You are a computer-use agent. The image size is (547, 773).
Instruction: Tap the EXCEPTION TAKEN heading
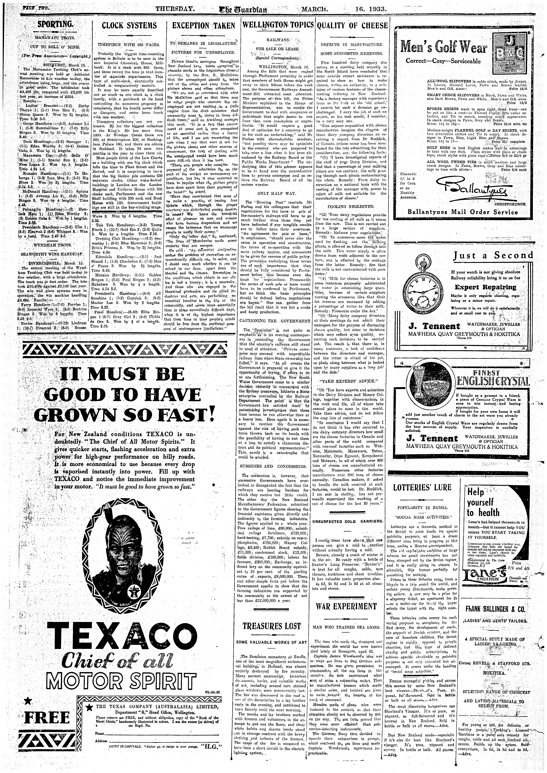pyautogui.click(x=203, y=26)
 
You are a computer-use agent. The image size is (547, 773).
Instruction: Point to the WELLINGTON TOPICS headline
pyautogui.click(x=278, y=26)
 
